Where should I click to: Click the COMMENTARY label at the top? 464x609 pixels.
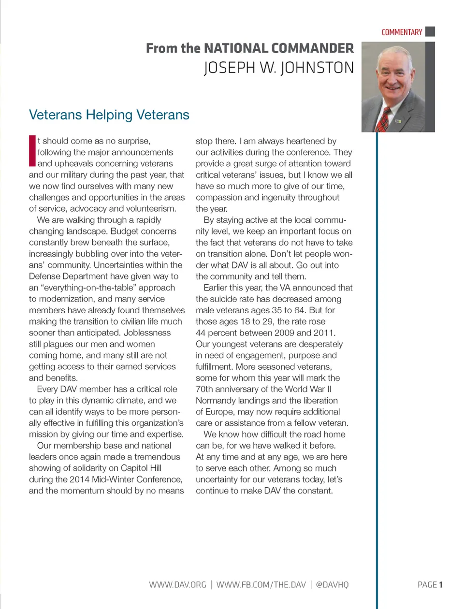coord(402,32)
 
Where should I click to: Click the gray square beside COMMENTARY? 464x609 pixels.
coord(430,31)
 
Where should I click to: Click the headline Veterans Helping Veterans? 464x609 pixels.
coord(109,115)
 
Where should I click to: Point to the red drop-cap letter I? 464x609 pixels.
coord(32,151)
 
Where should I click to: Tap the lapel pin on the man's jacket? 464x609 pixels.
coord(398,120)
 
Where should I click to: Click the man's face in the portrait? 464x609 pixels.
coord(393,72)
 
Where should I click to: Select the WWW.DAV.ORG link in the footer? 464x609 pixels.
coord(177,585)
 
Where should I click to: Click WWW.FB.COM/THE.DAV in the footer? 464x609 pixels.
coord(261,585)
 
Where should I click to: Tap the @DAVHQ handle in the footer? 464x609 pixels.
coord(332,585)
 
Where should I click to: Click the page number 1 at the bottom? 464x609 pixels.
coord(441,585)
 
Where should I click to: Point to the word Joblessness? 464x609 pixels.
coord(147,333)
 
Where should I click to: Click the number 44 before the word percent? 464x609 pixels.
coord(201,333)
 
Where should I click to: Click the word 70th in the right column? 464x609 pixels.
coord(205,389)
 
